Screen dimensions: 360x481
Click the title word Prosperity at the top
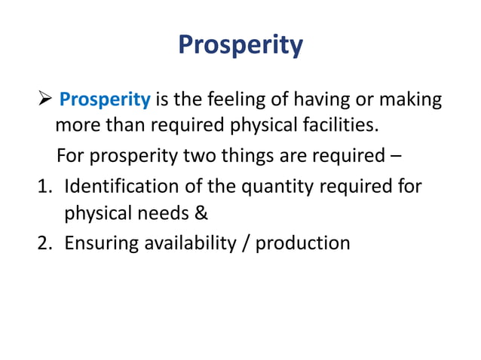coord(240,46)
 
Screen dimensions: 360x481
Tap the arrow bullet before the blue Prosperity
coord(46,99)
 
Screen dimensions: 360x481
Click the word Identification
coord(112,185)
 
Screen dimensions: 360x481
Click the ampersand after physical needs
coord(201,214)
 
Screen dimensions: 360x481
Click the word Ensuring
coord(98,243)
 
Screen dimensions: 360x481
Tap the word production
coord(304,243)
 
